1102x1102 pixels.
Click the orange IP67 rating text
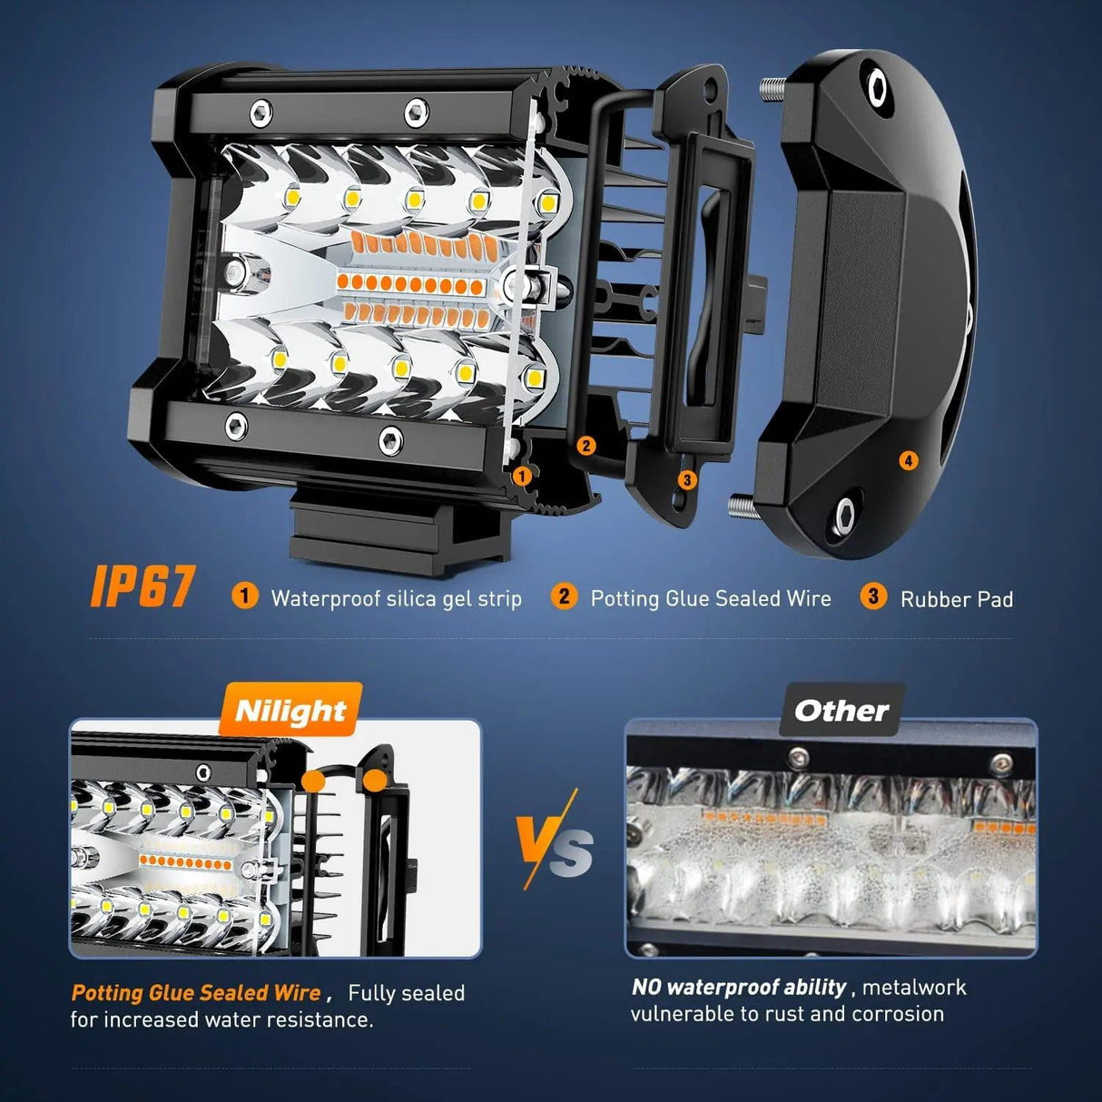pyautogui.click(x=143, y=586)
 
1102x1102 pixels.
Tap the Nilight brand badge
pyautogui.click(x=290, y=711)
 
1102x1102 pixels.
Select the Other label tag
pyautogui.click(x=841, y=711)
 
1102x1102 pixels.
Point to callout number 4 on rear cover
pyautogui.click(x=909, y=460)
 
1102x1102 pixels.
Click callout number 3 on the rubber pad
pyautogui.click(x=687, y=479)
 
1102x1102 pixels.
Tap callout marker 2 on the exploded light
pyautogui.click(x=586, y=445)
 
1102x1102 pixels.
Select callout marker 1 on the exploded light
pyautogui.click(x=522, y=475)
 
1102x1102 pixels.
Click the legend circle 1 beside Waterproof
pyautogui.click(x=244, y=596)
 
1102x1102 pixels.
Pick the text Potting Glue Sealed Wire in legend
pyautogui.click(x=711, y=598)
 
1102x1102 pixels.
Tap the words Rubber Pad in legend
pyautogui.click(x=957, y=599)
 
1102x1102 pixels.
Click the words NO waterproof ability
pyautogui.click(x=739, y=988)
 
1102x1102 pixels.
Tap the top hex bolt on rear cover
pyautogui.click(x=878, y=86)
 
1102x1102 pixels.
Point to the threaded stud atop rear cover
pyautogui.click(x=772, y=89)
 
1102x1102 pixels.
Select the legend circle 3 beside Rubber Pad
pyautogui.click(x=873, y=596)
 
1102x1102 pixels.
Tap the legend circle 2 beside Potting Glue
pyautogui.click(x=564, y=596)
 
